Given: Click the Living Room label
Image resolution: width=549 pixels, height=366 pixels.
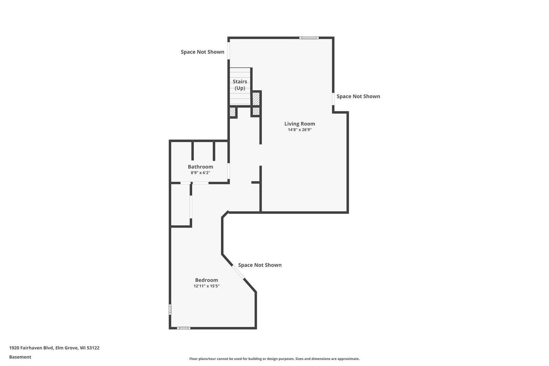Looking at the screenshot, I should [299, 124].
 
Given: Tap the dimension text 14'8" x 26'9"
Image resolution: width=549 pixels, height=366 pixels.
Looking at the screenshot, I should [299, 130].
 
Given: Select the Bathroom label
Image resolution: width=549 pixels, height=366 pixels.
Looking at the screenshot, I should [200, 167].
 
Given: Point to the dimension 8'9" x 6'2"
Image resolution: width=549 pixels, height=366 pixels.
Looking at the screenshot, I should [200, 173].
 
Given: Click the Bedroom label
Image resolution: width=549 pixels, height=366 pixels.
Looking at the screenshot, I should [206, 280].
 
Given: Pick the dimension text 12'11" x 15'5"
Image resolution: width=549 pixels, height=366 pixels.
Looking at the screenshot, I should [206, 286].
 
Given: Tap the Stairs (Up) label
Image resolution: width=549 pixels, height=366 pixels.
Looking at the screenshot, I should [240, 84].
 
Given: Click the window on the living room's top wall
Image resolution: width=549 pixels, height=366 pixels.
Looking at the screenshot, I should [309, 38].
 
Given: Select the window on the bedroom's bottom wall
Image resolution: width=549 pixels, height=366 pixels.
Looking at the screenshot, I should [184, 328].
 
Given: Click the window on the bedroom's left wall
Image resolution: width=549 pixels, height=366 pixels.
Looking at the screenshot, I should [170, 309].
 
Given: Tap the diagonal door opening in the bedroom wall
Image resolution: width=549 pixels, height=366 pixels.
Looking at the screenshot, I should [238, 272].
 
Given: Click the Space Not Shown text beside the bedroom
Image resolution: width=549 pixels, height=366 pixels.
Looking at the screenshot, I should [260, 265].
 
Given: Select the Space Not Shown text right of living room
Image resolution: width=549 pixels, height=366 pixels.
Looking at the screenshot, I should [358, 96].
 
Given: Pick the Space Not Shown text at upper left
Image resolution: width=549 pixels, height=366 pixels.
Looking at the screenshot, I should [202, 52].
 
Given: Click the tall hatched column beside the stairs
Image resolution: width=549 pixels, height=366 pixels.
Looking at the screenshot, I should [256, 99].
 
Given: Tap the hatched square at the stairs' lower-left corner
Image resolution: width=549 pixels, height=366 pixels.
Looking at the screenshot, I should [233, 112].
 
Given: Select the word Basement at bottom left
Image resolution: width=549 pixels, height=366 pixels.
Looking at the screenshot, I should [20, 357].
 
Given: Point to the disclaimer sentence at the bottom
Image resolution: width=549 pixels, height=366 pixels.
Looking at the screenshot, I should [274, 359].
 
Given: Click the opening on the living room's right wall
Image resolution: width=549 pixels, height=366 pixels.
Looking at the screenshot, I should [333, 99].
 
